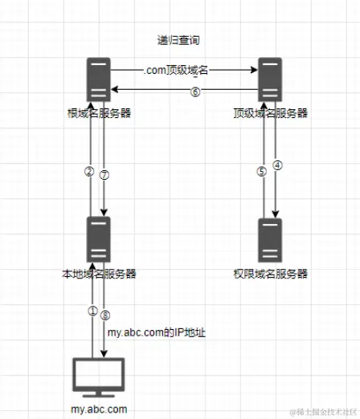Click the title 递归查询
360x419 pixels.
178,40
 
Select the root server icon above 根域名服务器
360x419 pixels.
99,79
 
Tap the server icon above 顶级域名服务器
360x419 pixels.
270,79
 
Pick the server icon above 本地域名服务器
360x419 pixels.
99,239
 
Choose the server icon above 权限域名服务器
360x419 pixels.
270,240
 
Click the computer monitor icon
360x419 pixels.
99,377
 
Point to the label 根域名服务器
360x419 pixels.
99,113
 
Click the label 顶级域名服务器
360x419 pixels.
271,113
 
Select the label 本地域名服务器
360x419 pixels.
99,274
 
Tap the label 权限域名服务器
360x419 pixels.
271,274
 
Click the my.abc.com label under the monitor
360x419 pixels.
99,409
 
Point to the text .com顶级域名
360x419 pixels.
176,71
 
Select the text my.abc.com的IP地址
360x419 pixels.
157,332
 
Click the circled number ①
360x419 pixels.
92,311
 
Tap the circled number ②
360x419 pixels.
89,172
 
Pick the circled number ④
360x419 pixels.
277,165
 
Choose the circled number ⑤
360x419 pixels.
262,172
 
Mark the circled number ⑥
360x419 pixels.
195,92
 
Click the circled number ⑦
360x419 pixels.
104,175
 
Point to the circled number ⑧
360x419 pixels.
105,315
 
